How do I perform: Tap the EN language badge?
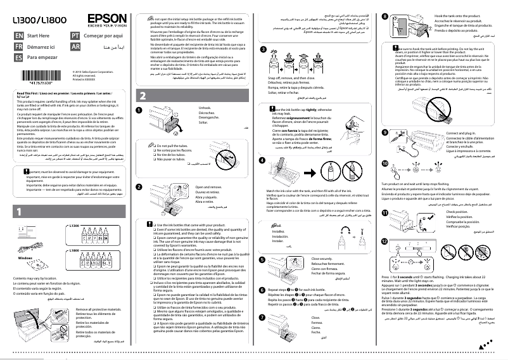tap(18, 37)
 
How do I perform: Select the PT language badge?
tap(76, 37)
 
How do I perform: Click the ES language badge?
tap(18, 58)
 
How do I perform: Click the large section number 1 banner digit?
tap(20, 194)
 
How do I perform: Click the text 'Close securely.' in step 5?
tap(323, 259)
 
